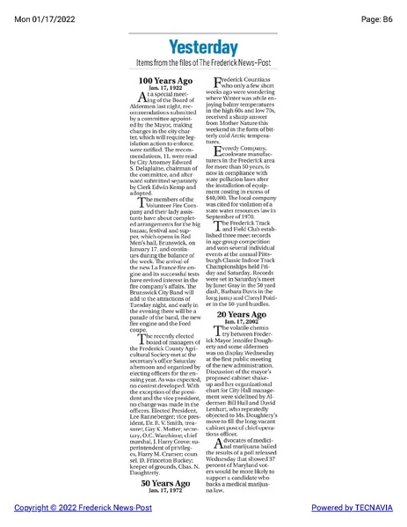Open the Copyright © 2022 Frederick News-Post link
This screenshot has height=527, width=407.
(76, 509)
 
